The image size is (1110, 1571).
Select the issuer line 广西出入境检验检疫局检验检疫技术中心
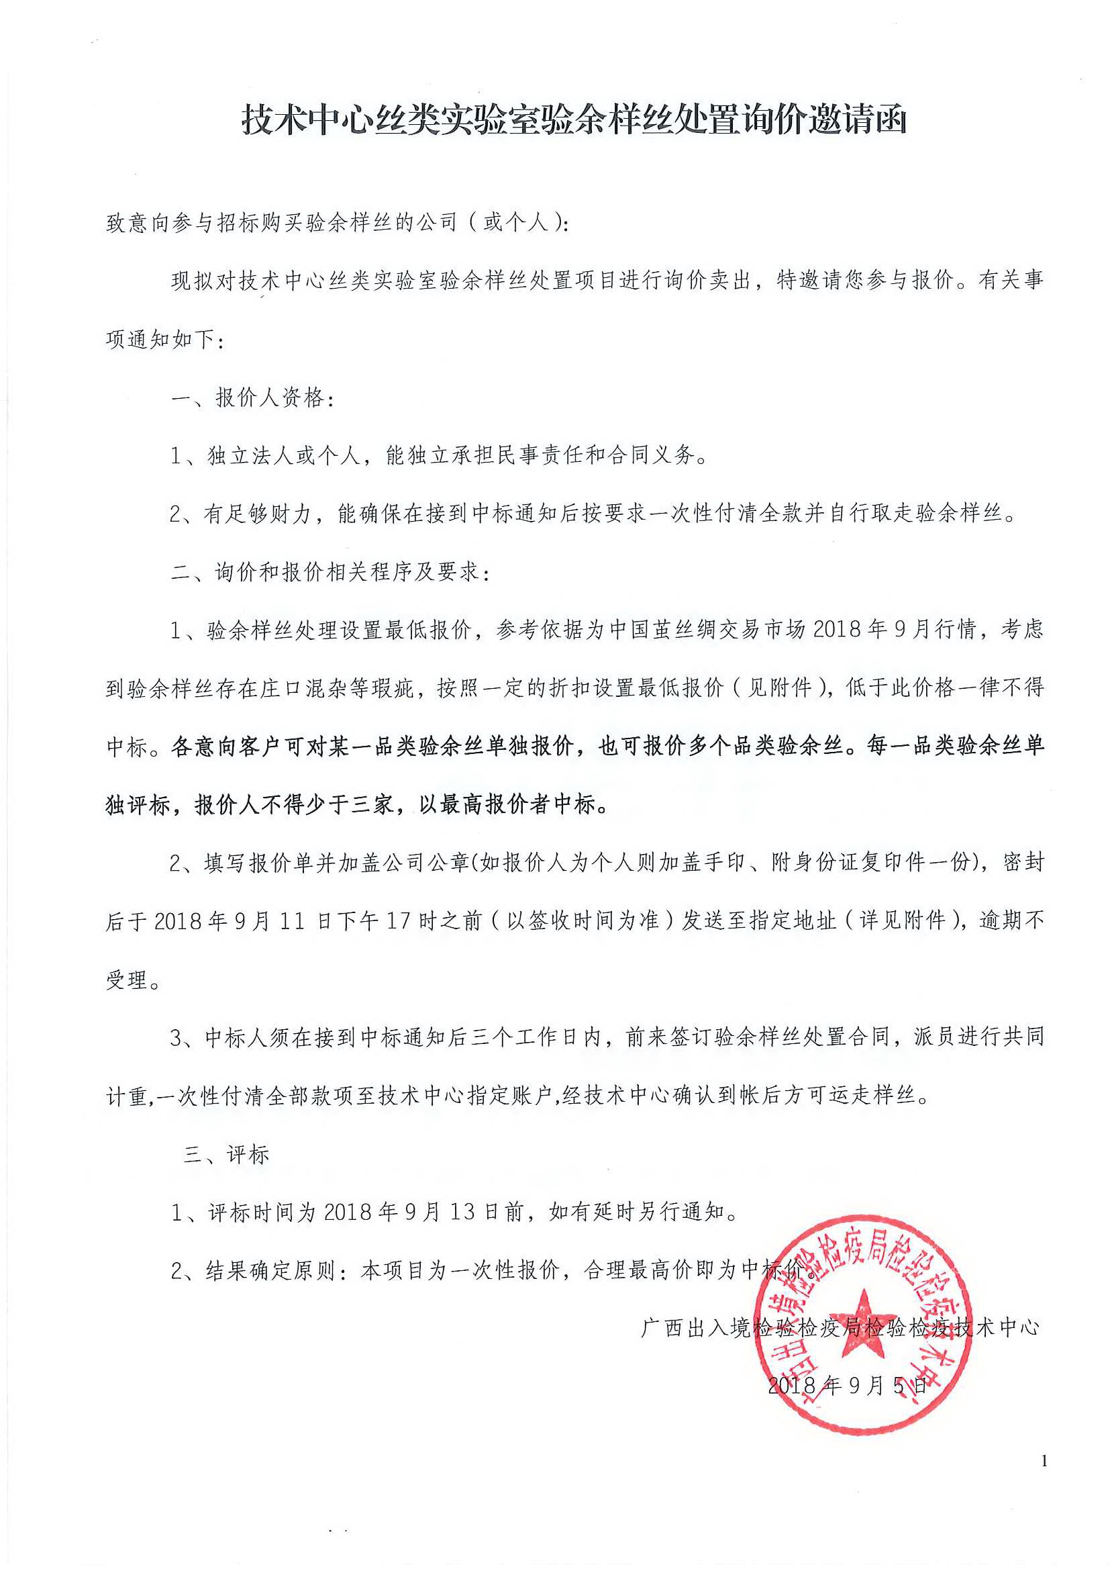pos(840,1328)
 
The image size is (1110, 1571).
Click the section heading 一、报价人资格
pos(252,397)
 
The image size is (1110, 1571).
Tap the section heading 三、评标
pos(226,1155)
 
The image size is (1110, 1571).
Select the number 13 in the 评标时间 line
pos(462,1213)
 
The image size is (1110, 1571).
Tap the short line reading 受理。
pos(134,980)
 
